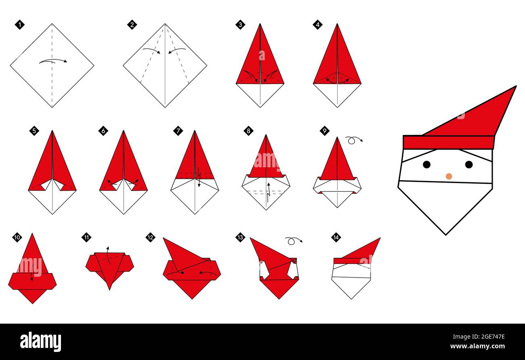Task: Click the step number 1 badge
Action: (19, 25)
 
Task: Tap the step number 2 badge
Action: (132, 25)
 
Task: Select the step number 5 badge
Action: (34, 131)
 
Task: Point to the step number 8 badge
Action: (248, 131)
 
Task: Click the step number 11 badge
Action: (86, 237)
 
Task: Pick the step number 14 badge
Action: (336, 237)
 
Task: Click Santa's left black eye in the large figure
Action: (426, 164)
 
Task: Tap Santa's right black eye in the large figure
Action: (468, 164)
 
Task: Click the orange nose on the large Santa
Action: (449, 176)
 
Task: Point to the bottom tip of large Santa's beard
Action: (445, 234)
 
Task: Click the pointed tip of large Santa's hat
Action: (515, 87)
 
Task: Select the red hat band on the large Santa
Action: (448, 142)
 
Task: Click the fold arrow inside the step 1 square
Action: (53, 61)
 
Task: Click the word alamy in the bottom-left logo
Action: (40, 342)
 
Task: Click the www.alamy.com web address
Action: (477, 347)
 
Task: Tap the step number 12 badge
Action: (150, 237)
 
